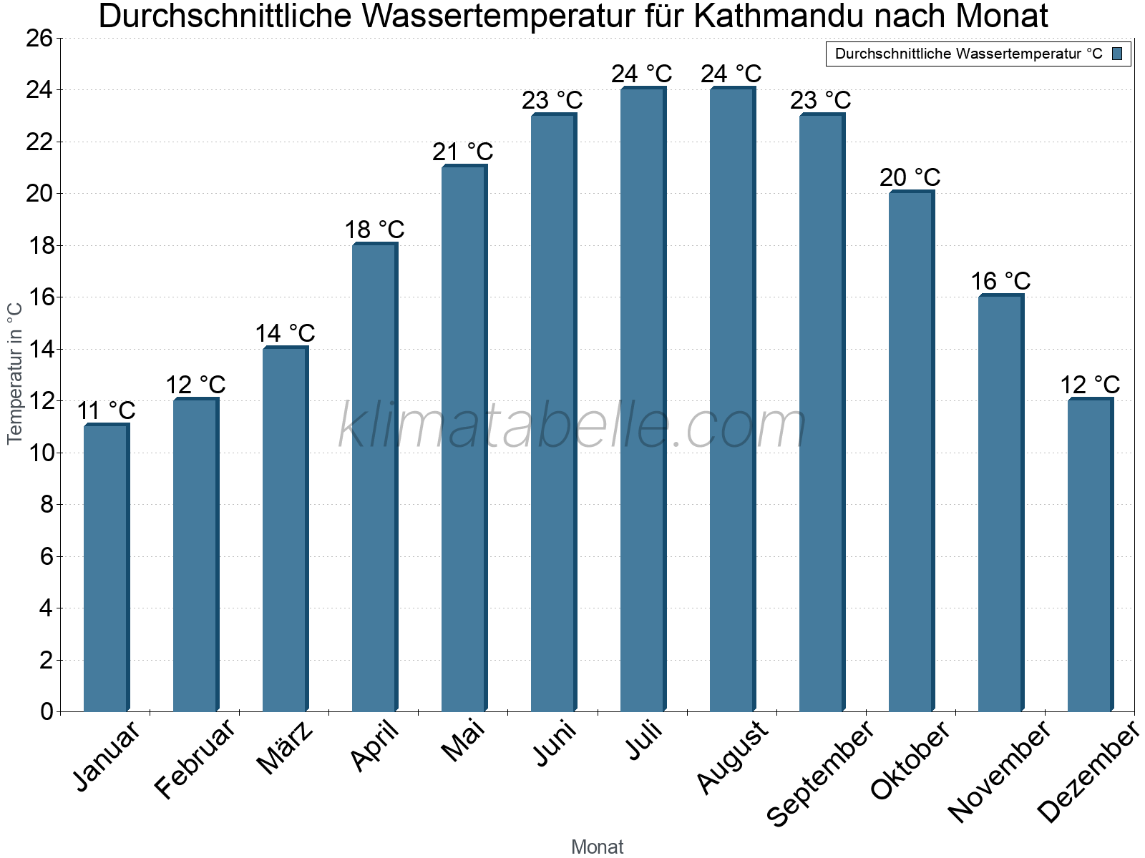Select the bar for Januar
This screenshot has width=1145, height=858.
coord(106,568)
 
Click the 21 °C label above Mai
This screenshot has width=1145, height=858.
coord(463,152)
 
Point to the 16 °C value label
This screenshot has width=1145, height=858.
coord(1000,281)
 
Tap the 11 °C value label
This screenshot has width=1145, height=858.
coord(106,411)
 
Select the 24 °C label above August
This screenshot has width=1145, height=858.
coord(731,74)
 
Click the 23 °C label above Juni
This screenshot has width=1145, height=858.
coord(552,100)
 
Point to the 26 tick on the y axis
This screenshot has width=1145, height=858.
coord(39,39)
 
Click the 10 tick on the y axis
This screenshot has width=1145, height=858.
coord(39,453)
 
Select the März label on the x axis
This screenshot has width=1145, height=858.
coord(286,748)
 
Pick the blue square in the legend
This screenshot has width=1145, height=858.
coord(1117,54)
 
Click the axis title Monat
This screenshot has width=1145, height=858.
coord(598,847)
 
